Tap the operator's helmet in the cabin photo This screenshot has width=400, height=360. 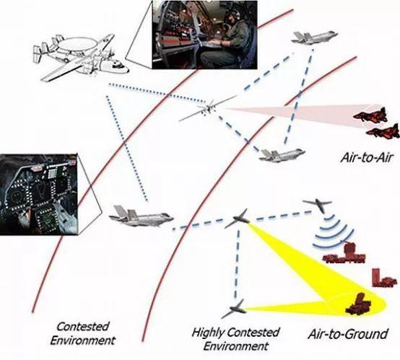[230, 14]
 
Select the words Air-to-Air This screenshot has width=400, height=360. [366, 157]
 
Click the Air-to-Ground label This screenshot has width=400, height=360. [348, 334]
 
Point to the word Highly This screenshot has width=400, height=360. [208, 333]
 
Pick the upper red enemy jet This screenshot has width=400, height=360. [370, 115]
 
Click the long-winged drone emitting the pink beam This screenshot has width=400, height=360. [208, 109]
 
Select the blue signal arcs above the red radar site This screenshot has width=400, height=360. [333, 232]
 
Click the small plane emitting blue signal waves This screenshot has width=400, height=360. [318, 205]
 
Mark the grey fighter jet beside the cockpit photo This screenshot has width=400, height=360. [142, 216]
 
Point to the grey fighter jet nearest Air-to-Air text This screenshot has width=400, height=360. [282, 154]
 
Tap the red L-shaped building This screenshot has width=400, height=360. [383, 278]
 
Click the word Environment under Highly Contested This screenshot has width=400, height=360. [236, 346]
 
